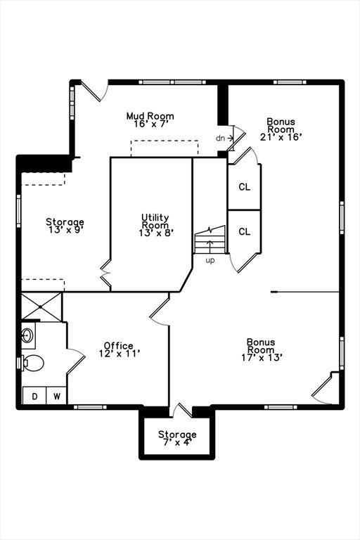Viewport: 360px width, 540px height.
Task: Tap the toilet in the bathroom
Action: [33, 363]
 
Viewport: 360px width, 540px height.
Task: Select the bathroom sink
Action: [27, 335]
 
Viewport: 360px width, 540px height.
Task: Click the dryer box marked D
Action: [34, 396]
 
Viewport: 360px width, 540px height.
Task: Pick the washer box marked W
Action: [56, 396]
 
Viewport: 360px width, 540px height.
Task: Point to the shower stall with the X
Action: [41, 307]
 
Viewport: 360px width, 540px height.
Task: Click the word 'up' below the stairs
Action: [210, 261]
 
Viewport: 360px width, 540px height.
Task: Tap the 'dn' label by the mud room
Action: [220, 138]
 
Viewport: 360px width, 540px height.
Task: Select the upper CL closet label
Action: [244, 187]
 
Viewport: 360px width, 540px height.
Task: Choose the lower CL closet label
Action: [244, 232]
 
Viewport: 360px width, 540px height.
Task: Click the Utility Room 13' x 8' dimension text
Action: [155, 233]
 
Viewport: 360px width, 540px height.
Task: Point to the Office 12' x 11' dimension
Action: [120, 354]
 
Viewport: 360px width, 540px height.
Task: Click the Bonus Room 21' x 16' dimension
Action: [281, 137]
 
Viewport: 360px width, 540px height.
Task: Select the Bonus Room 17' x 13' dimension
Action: [262, 357]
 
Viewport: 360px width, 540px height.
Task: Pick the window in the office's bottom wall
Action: [90, 407]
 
